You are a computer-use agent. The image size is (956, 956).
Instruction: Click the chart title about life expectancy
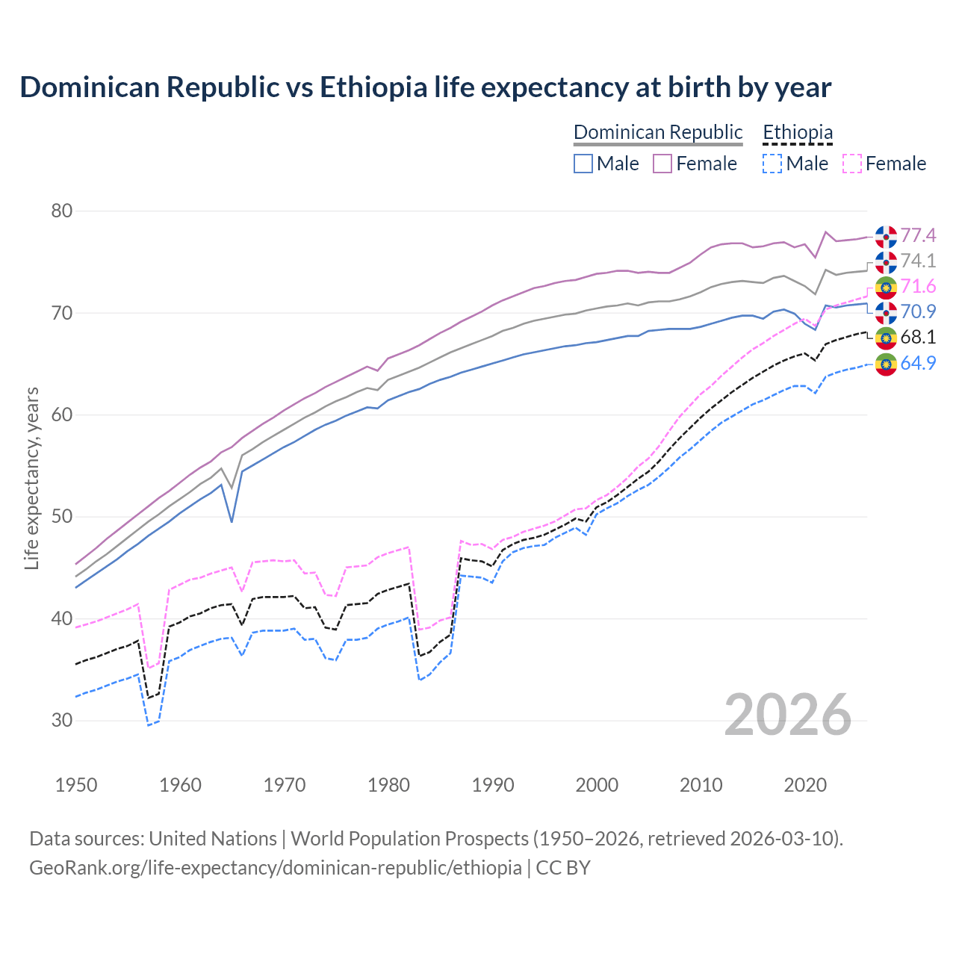tap(425, 87)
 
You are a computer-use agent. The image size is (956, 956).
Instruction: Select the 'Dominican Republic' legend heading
tap(658, 132)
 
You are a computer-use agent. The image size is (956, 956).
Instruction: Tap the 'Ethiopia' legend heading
tap(797, 132)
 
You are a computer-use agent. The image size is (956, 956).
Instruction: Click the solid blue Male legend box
tap(583, 164)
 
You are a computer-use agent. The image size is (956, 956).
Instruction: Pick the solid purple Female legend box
tap(662, 164)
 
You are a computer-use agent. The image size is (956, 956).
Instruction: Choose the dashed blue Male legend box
tap(772, 164)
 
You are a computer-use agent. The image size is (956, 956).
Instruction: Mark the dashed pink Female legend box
tap(852, 164)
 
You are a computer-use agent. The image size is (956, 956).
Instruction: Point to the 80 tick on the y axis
tap(62, 211)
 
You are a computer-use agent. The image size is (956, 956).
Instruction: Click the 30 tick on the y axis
tap(62, 721)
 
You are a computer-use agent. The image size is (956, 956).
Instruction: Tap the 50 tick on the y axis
tap(62, 517)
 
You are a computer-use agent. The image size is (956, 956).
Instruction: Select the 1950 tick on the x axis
tap(76, 785)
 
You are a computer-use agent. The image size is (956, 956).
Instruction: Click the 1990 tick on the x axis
tap(493, 785)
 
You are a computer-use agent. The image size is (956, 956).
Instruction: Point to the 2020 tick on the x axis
tap(805, 785)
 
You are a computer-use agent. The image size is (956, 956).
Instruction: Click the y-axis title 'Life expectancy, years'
tap(32, 478)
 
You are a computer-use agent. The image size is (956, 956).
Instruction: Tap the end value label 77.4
tap(918, 236)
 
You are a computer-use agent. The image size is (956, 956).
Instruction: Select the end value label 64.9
tap(918, 364)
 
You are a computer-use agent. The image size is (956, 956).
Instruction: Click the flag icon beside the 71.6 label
tap(886, 287)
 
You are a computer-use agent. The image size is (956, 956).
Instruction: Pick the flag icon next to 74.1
tap(886, 261)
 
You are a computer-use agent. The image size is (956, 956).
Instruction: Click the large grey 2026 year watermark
tap(787, 715)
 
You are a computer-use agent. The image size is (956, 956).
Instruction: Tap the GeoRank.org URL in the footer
tap(276, 868)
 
